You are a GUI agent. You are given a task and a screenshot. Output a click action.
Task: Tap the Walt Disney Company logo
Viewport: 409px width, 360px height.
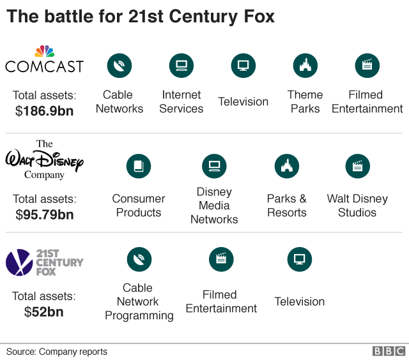(44, 160)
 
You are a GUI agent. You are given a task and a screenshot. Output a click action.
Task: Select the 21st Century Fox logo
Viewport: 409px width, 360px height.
(44, 262)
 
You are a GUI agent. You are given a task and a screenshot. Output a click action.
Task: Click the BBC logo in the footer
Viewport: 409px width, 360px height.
(389, 352)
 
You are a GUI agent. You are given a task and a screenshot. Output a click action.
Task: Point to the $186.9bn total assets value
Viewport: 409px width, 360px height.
(44, 111)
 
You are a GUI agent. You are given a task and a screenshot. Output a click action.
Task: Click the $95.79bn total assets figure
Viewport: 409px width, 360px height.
(44, 214)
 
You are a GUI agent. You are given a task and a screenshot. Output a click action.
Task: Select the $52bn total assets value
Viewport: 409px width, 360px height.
(44, 312)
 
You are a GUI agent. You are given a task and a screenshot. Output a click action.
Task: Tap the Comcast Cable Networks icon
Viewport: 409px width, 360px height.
(120, 65)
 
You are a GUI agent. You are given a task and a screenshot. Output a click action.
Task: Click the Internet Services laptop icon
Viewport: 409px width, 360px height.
(181, 65)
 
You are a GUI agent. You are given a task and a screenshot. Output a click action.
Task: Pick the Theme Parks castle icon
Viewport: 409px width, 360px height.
(305, 65)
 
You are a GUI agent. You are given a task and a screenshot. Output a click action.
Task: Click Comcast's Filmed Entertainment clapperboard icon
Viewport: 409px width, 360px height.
(367, 65)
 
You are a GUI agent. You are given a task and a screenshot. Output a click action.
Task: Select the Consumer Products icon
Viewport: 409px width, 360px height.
(139, 167)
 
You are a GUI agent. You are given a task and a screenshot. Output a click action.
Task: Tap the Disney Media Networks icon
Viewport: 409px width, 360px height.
(214, 167)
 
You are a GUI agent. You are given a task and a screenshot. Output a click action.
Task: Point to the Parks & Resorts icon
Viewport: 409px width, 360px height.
(287, 167)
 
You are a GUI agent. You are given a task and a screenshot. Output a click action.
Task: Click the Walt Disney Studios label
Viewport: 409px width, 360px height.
(357, 206)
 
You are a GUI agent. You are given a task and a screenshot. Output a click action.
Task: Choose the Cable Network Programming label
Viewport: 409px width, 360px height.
(139, 302)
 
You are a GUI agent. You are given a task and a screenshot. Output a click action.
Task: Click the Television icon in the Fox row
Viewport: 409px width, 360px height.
(299, 259)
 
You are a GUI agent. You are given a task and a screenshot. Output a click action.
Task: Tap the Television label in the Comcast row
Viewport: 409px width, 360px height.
(243, 101)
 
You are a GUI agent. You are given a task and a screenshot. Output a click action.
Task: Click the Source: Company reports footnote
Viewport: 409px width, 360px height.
(57, 352)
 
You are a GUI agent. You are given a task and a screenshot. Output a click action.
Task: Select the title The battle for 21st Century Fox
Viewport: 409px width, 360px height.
(141, 17)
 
